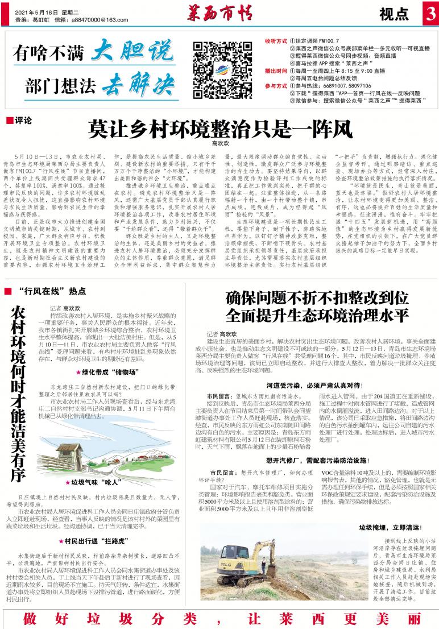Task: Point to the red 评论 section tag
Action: tap(19, 121)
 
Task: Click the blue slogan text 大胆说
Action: tap(134, 52)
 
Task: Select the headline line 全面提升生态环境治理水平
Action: tap(317, 314)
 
